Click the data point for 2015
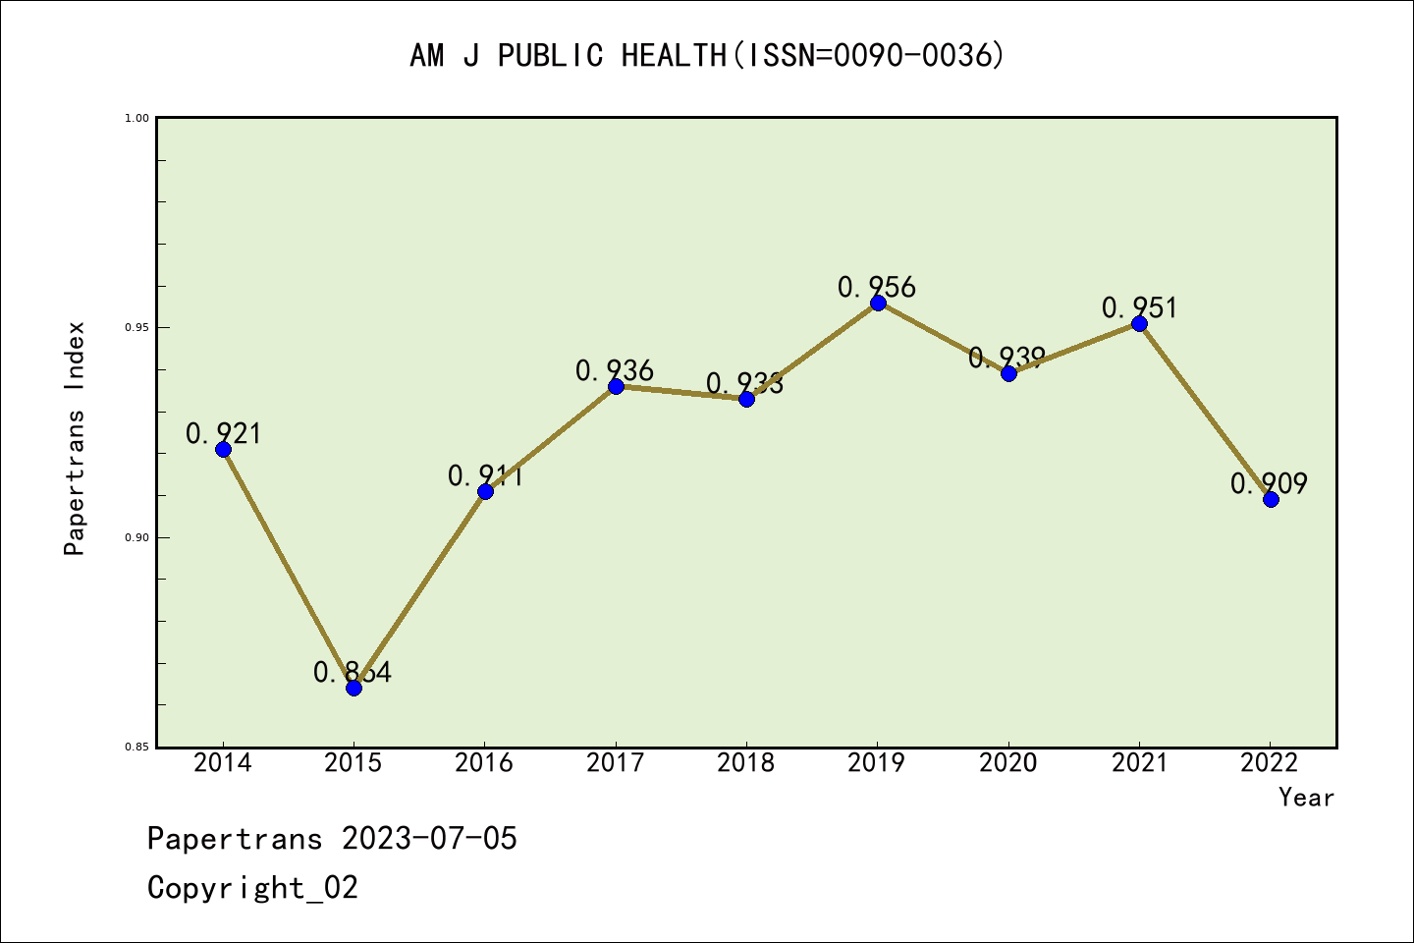click(x=353, y=688)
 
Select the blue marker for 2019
click(x=878, y=303)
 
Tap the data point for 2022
click(x=1271, y=499)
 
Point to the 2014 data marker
click(x=223, y=449)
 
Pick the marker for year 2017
click(x=616, y=386)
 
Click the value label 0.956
click(x=877, y=287)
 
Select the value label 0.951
click(x=1139, y=307)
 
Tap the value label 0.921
click(x=224, y=433)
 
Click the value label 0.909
click(x=1269, y=483)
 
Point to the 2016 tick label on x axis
click(x=484, y=763)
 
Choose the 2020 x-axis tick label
click(x=1008, y=763)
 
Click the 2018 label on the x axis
click(x=746, y=763)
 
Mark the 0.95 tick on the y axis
click(x=136, y=328)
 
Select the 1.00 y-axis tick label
click(x=136, y=118)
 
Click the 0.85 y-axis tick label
click(x=136, y=748)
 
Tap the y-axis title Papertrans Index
click(x=76, y=438)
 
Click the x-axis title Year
click(x=1306, y=798)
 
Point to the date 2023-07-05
click(x=429, y=839)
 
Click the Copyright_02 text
click(x=252, y=888)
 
